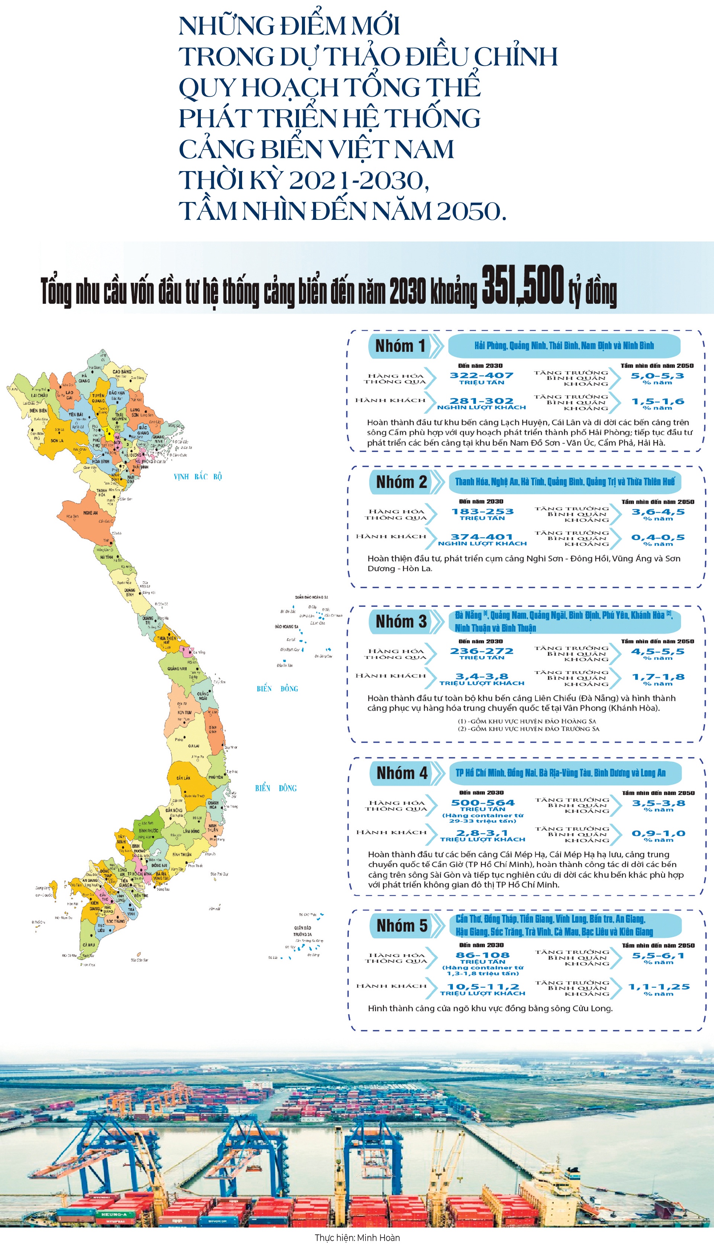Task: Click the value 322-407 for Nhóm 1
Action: point(482,376)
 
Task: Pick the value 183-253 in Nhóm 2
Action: point(483,511)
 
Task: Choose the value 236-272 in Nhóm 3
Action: point(482,651)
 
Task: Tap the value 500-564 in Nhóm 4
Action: point(483,803)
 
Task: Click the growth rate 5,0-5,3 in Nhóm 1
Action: point(657,376)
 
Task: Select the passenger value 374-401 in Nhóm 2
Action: point(482,537)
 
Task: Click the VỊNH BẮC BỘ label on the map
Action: point(197,476)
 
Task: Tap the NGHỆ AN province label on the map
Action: point(91,513)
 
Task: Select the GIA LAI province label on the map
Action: point(194,746)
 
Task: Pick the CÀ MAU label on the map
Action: point(89,944)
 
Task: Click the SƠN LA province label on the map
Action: point(57,440)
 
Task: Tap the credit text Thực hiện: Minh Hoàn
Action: point(357,1238)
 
